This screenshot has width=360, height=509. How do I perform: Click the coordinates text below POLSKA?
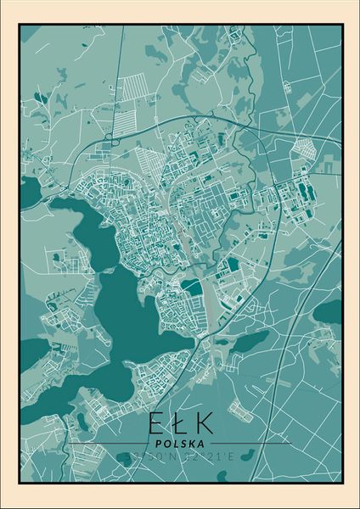click(179, 456)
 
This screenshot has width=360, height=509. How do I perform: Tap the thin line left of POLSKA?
click(110, 443)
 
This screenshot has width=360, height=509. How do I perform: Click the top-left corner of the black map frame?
click(20, 25)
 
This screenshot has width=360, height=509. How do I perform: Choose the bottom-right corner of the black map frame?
click(342, 483)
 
